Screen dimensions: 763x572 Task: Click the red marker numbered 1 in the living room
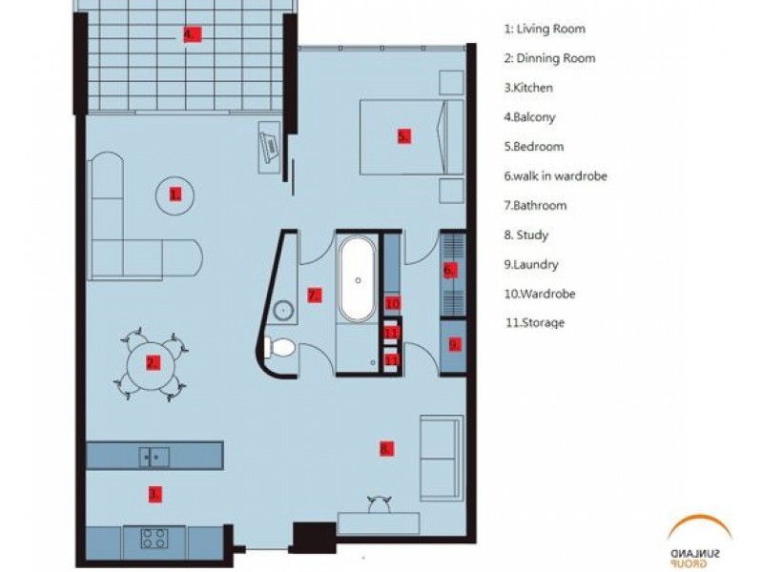click(175, 195)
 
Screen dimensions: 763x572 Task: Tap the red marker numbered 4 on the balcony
click(191, 34)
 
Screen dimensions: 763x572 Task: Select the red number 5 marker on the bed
click(403, 136)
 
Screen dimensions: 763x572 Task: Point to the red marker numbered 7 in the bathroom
click(315, 296)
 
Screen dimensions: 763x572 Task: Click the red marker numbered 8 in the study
click(386, 448)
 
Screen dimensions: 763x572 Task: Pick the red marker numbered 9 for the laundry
click(454, 344)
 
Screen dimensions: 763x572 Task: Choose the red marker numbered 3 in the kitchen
click(155, 495)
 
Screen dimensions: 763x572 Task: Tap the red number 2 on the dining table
click(153, 363)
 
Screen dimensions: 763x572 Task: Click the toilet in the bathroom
click(279, 347)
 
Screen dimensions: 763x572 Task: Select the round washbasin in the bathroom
click(282, 310)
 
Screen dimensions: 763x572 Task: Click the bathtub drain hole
click(359, 280)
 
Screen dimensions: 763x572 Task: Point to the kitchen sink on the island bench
click(155, 458)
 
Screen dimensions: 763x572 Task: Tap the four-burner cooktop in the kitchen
click(155, 538)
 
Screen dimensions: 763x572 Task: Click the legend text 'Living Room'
click(551, 29)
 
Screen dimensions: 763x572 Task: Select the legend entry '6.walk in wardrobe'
click(555, 175)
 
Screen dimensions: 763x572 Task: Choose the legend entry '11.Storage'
click(535, 323)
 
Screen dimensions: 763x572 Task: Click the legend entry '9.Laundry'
click(531, 264)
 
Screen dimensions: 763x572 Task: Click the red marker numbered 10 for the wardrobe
click(392, 303)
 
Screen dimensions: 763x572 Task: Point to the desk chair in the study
click(380, 504)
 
